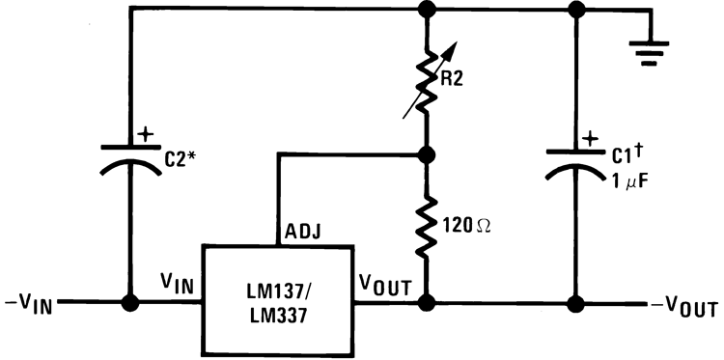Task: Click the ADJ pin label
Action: coord(302,232)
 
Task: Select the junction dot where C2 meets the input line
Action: coord(128,304)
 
